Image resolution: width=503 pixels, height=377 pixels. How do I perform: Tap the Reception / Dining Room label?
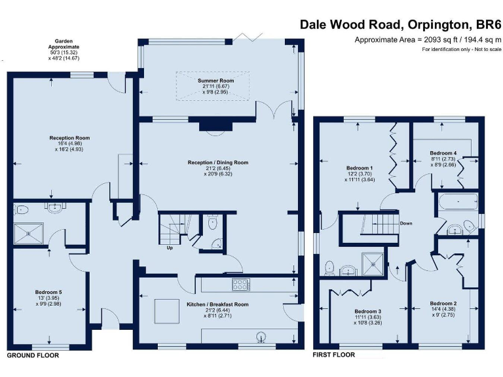point(218,162)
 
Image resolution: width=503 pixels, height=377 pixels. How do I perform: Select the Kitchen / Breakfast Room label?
point(217,304)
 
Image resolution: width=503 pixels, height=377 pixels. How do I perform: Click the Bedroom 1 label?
point(360,168)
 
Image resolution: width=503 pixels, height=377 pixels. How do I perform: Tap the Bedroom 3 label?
point(368,311)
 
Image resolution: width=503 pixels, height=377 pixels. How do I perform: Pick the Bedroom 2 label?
point(443,303)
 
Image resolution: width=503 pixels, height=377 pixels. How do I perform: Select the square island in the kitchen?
point(166,310)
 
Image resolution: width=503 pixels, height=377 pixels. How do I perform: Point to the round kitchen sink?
point(262,338)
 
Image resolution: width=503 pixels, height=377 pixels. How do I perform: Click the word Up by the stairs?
point(170,247)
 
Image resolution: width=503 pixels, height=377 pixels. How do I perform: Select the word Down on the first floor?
point(406,223)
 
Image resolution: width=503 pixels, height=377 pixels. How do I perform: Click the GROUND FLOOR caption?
point(33,355)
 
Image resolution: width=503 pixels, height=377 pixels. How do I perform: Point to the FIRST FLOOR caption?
point(334,355)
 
